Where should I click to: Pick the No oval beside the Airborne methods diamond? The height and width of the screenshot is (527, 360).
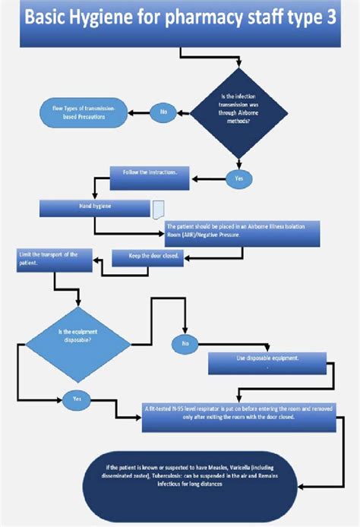tap(163, 112)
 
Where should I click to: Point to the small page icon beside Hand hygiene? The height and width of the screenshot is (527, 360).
tap(157, 208)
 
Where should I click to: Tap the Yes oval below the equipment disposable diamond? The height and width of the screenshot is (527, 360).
tap(77, 399)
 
